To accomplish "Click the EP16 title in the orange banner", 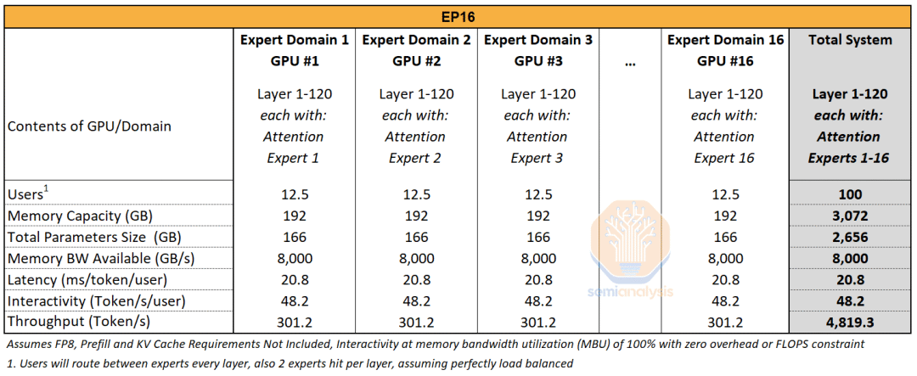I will pyautogui.click(x=458, y=15).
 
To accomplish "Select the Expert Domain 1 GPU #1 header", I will pyautogui.click(x=294, y=50).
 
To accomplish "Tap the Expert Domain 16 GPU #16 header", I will pyautogui.click(x=724, y=50).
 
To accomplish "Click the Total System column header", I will pyautogui.click(x=850, y=40).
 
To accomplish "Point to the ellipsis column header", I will pyautogui.click(x=629, y=62).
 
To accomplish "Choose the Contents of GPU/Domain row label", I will pyautogui.click(x=89, y=126).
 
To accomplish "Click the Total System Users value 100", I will pyautogui.click(x=850, y=194).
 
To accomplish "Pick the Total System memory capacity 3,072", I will pyautogui.click(x=850, y=216).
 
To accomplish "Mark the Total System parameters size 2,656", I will pyautogui.click(x=850, y=237).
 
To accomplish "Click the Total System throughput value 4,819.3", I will pyautogui.click(x=850, y=322).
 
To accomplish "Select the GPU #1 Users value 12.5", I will pyautogui.click(x=294, y=194).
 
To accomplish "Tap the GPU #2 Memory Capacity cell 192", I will pyautogui.click(x=416, y=216).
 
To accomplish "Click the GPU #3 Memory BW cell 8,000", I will pyautogui.click(x=538, y=258).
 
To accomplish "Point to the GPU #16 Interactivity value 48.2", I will pyautogui.click(x=724, y=300).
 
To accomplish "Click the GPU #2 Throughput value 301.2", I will pyautogui.click(x=416, y=322).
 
